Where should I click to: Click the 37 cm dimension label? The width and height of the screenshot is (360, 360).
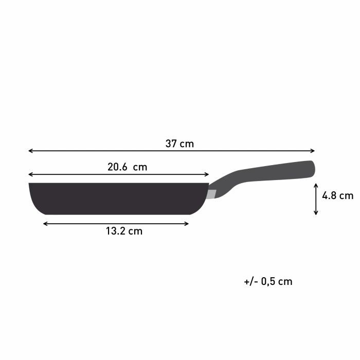click(x=179, y=144)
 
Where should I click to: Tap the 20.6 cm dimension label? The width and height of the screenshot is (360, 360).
click(x=127, y=167)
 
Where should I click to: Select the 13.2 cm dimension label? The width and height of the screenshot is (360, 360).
click(x=124, y=231)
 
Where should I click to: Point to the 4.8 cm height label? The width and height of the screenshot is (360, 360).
click(x=337, y=195)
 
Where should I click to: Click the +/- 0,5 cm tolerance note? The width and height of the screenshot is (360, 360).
click(x=268, y=281)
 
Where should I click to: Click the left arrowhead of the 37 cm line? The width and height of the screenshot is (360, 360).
click(x=30, y=151)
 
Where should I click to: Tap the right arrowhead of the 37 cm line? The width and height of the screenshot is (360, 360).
click(x=313, y=151)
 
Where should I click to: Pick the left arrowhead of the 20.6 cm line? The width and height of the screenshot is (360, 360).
click(x=30, y=174)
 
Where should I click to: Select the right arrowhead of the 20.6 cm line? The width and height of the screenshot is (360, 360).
click(x=207, y=174)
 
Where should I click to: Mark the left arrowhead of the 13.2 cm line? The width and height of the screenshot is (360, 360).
click(x=45, y=223)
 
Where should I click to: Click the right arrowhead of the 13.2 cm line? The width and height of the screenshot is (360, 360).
click(x=187, y=223)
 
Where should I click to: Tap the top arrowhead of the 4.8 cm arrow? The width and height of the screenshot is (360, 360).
click(x=316, y=188)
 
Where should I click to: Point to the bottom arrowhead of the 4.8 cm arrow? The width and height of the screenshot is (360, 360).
click(x=316, y=212)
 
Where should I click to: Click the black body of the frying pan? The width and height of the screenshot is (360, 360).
click(x=118, y=198)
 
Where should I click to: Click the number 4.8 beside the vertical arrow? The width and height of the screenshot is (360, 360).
click(x=329, y=195)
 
